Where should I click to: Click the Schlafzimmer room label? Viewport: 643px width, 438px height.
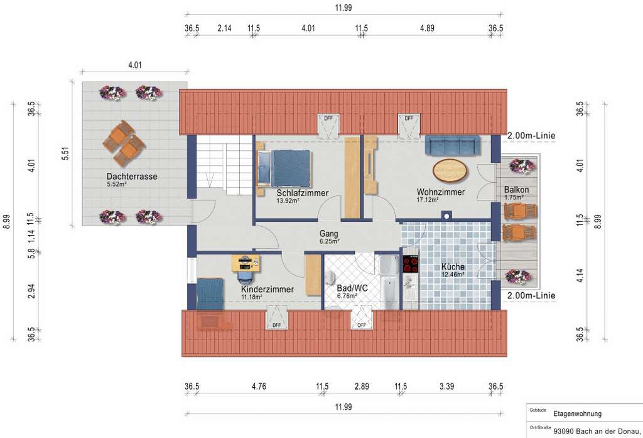[x=303, y=193]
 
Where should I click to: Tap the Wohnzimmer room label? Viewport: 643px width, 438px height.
[x=441, y=192]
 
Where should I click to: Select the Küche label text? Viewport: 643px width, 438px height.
[x=453, y=267]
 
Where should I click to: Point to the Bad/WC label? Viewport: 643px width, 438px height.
[x=352, y=288]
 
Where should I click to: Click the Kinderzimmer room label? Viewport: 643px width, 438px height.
[x=267, y=290]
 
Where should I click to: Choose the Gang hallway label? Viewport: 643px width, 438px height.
[x=329, y=234]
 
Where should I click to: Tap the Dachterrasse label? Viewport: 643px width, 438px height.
[x=132, y=177]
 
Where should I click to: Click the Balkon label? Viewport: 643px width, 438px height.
[x=516, y=190]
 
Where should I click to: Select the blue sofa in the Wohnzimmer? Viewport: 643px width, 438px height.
[x=453, y=146]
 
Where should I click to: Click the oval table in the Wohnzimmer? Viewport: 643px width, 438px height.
[x=450, y=170]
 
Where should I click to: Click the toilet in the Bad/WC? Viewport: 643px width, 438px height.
[x=330, y=278]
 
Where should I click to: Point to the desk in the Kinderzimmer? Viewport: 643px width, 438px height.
[x=246, y=263]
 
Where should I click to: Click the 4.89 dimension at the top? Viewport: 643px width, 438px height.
[x=427, y=28]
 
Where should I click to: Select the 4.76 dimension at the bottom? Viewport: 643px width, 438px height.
[x=259, y=386]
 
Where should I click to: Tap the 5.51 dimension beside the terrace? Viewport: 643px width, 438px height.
[x=65, y=153]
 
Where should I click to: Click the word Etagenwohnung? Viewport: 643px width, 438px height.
[x=578, y=413]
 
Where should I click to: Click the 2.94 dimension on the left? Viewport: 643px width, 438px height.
[x=31, y=291]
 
